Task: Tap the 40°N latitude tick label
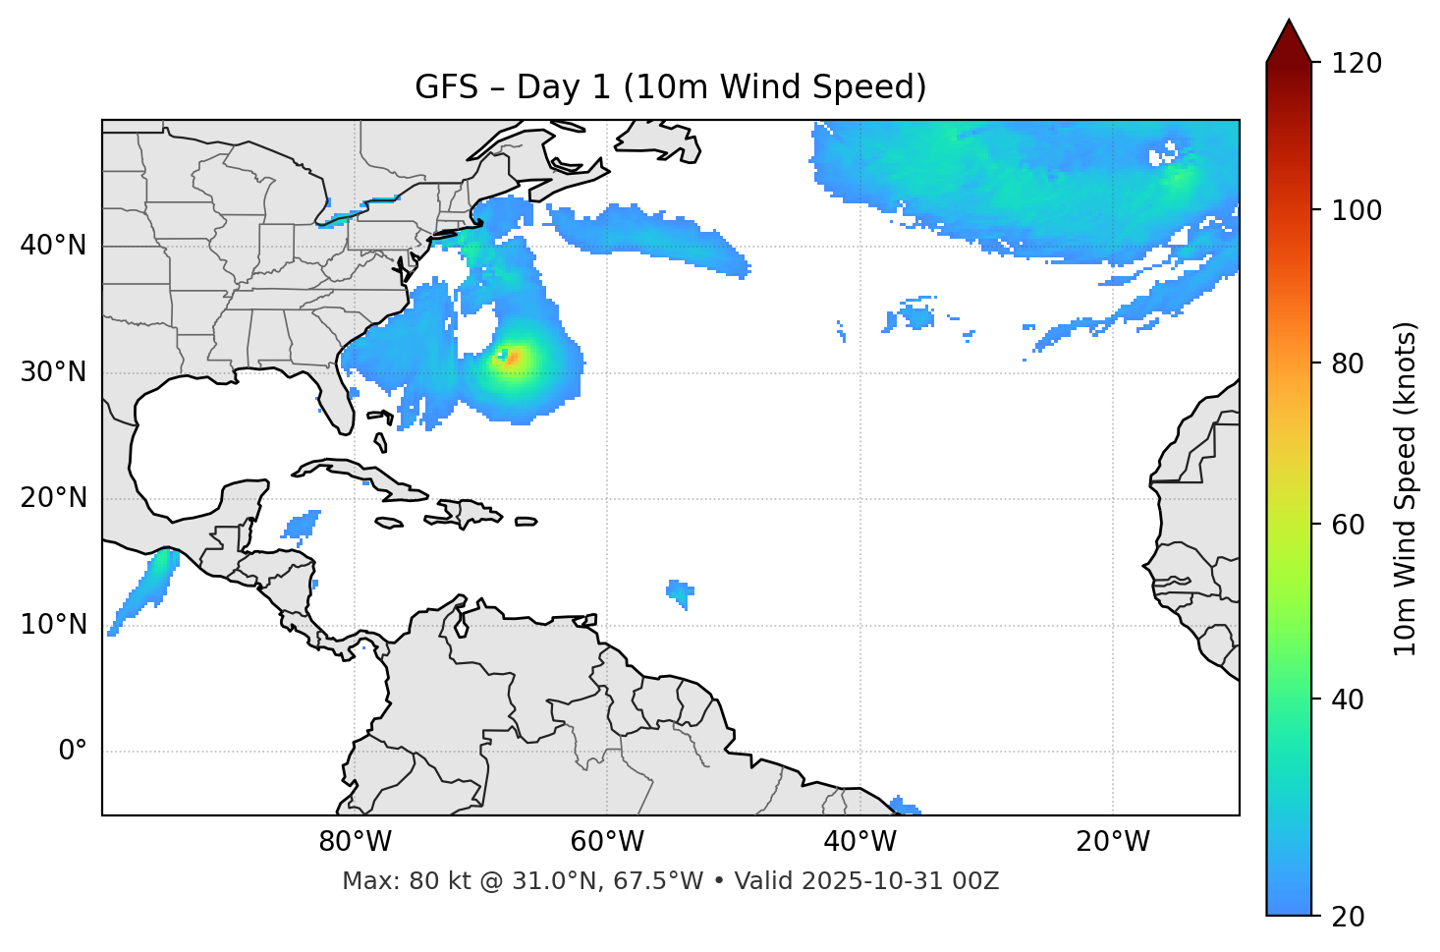[x=53, y=246]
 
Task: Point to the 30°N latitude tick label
[x=53, y=372]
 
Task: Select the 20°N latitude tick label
[x=53, y=498]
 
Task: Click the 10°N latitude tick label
[x=53, y=625]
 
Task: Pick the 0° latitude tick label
[x=73, y=752]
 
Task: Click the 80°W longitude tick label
[x=355, y=842]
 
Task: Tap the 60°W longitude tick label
[x=607, y=842]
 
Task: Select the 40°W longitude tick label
[x=859, y=842]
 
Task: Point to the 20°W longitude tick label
[x=1112, y=842]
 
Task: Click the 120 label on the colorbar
[x=1357, y=64]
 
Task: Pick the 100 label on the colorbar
[x=1357, y=210]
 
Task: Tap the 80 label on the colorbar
[x=1349, y=364]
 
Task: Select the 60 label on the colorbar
[x=1349, y=525]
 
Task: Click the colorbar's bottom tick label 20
[x=1349, y=917]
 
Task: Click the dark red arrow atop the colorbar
[x=1289, y=41]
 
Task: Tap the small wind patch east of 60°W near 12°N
[x=680, y=592]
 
